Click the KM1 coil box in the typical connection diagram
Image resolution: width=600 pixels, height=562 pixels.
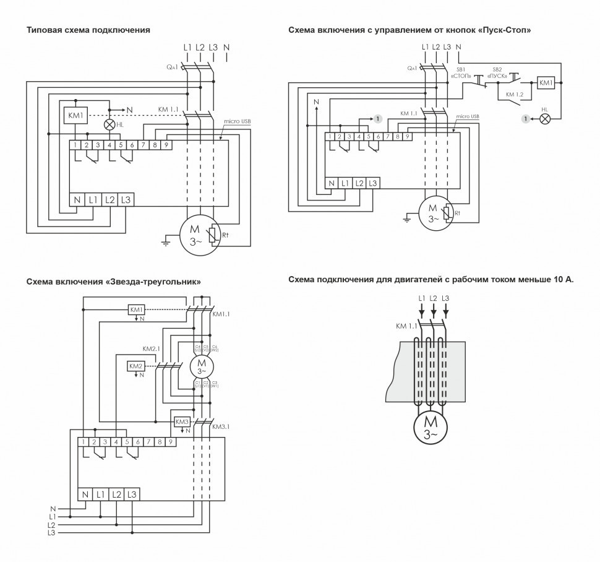click(x=74, y=115)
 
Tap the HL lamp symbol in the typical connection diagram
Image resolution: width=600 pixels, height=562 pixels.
click(x=110, y=124)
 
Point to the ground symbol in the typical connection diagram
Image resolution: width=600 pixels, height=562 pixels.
click(x=165, y=243)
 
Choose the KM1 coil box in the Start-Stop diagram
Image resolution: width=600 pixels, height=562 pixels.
click(x=546, y=82)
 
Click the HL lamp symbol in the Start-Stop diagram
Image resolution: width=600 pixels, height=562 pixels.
click(x=545, y=118)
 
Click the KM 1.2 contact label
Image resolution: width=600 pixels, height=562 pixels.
click(x=514, y=94)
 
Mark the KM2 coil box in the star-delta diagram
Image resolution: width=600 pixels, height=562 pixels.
click(x=136, y=366)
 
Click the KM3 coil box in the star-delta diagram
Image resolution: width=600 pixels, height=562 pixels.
click(x=182, y=421)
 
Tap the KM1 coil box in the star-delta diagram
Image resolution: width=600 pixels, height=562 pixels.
click(x=136, y=309)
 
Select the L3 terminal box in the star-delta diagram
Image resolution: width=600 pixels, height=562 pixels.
click(x=132, y=494)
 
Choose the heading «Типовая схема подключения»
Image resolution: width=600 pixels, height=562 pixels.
click(x=88, y=30)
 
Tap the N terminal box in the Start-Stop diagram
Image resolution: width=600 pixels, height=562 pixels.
click(x=332, y=183)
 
